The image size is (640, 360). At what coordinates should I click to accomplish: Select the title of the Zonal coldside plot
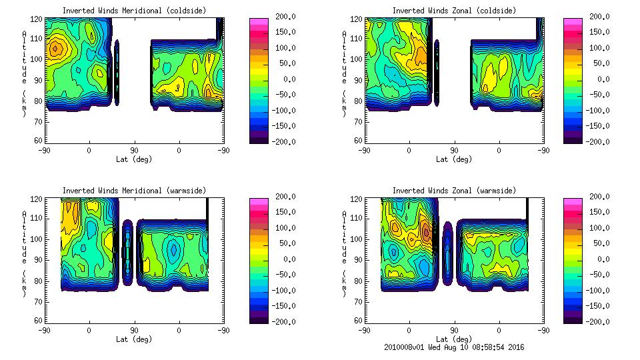click(454, 11)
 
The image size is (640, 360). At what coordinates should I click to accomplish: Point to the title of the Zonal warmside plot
click(454, 191)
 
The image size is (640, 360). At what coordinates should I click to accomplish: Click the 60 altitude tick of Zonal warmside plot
click(357, 320)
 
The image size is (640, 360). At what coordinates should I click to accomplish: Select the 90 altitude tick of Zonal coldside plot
click(357, 80)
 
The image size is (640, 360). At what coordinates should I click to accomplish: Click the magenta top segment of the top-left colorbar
click(259, 22)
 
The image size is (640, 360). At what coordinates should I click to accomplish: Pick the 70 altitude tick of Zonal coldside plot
click(357, 121)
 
